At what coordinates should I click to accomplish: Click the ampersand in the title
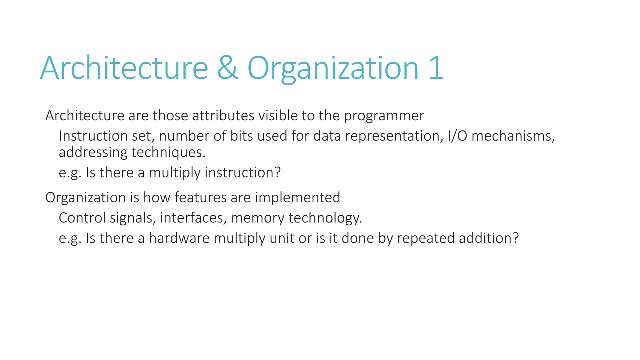point(228,68)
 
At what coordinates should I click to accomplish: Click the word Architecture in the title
point(124,68)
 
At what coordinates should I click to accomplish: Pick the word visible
point(278,116)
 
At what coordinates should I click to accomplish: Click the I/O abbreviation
point(457,136)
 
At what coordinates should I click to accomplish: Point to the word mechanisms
point(513,136)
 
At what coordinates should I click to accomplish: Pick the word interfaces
point(193,218)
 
